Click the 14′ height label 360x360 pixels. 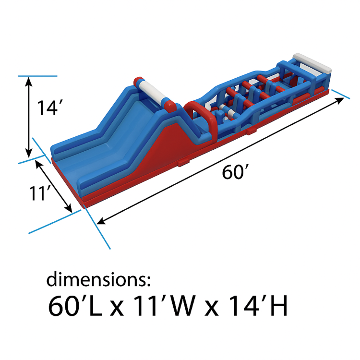pos(49,108)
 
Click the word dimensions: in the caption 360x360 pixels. pos(98,279)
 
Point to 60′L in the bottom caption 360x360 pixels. pos(75,306)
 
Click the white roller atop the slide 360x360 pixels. pos(152,92)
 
